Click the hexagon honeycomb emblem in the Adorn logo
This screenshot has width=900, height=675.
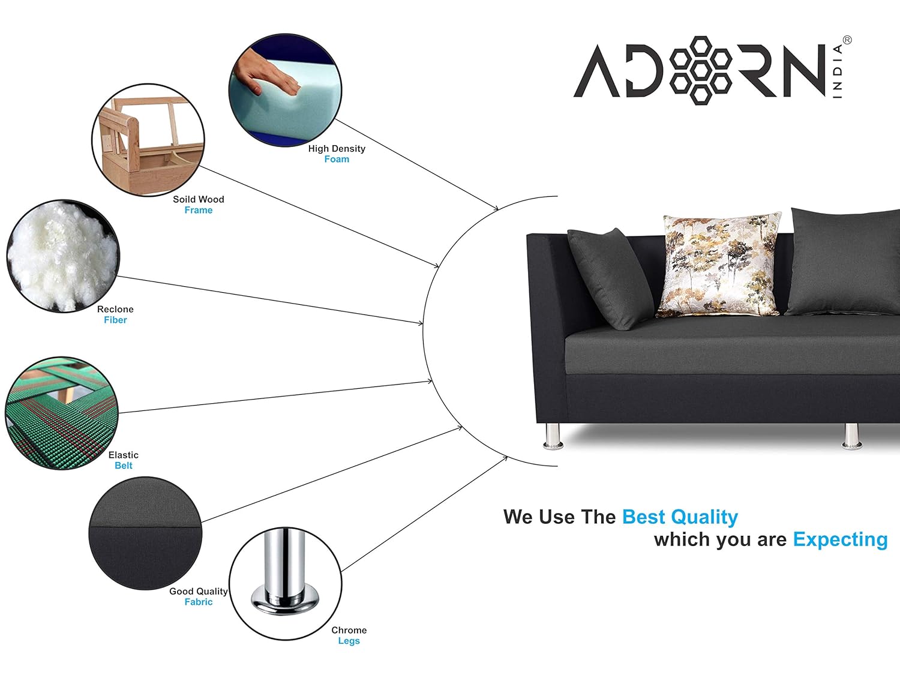[700, 70]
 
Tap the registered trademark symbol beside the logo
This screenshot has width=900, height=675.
[847, 40]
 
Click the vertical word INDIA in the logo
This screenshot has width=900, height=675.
[838, 71]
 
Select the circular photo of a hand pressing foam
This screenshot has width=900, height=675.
[285, 90]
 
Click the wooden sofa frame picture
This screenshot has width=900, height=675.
[148, 140]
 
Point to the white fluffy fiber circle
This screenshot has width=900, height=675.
[63, 256]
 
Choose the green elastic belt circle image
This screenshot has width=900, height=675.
[62, 413]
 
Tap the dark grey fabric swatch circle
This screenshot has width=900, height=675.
[145, 533]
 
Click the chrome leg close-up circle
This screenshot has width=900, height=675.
[286, 584]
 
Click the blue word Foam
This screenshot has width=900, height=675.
[337, 159]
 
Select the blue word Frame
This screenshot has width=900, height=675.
[199, 210]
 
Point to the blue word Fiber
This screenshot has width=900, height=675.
[115, 320]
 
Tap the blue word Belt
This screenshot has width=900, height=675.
[124, 466]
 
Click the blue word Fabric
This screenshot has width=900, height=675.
[199, 602]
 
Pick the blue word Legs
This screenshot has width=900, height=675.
[349, 641]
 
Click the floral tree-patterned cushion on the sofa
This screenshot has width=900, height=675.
[719, 265]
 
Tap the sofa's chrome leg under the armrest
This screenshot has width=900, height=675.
[553, 436]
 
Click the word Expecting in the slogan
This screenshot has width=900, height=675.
[840, 539]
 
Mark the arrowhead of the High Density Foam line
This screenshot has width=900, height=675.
[496, 209]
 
